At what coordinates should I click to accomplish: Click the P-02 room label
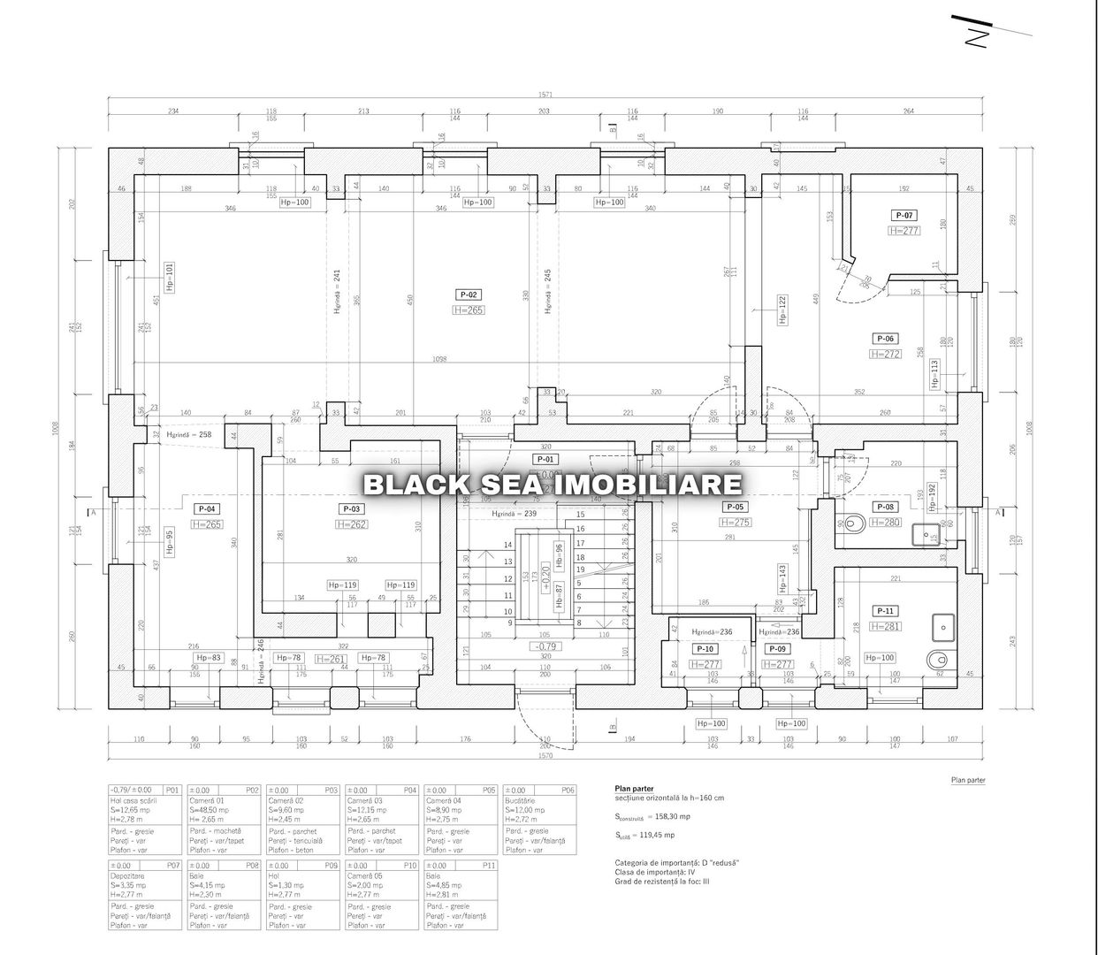pos(469,294)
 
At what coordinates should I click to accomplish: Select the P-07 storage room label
pos(904,215)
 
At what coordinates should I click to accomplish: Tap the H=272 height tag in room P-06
pos(885,354)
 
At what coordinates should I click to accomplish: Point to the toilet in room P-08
pos(851,523)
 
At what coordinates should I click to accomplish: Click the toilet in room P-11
pos(937,659)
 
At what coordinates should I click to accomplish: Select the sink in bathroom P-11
pos(943,627)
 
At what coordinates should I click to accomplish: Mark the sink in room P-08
pos(929,534)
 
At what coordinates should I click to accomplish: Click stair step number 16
pos(580,528)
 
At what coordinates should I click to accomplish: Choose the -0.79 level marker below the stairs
pos(545,646)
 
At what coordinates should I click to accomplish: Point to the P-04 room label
pos(207,508)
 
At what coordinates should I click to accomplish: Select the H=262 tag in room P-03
pos(352,524)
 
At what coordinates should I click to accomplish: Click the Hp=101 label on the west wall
pos(170,277)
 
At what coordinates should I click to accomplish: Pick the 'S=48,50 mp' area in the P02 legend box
pos(210,810)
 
